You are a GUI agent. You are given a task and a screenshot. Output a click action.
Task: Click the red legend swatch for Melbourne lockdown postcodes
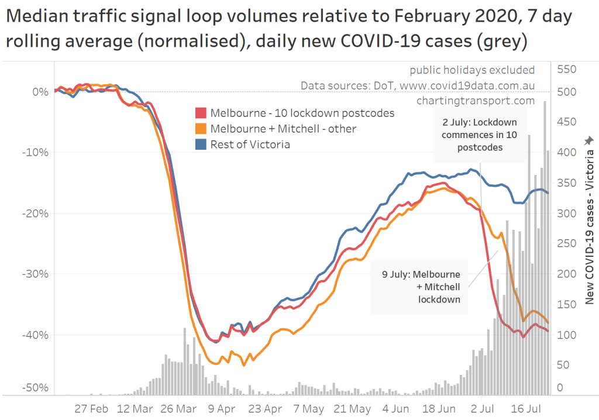coord(201,113)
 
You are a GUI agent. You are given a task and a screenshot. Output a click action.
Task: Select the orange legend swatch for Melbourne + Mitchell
coord(201,129)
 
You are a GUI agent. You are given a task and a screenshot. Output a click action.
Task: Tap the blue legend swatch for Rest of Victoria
coord(201,144)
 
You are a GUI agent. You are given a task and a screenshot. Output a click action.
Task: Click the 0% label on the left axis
coord(40,92)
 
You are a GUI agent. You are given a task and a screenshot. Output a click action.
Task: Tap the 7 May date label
coord(310,409)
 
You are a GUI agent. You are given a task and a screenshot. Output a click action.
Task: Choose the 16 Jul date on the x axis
coord(526,409)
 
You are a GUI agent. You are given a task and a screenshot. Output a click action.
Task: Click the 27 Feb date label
coord(91,409)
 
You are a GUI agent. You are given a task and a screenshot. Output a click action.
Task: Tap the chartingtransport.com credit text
coord(476,101)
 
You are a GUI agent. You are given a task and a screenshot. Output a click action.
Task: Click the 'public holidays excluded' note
coord(472,70)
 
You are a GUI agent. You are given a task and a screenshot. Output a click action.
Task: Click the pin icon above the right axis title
coord(588,139)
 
